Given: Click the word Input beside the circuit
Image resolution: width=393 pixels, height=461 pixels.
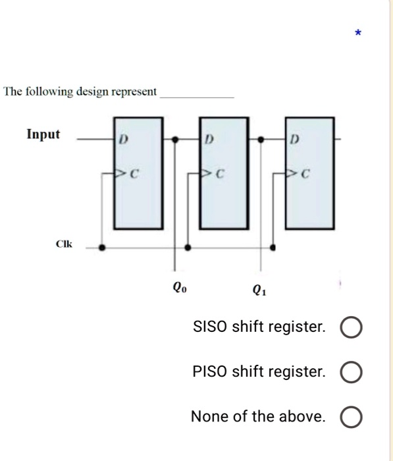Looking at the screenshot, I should pyautogui.click(x=43, y=134).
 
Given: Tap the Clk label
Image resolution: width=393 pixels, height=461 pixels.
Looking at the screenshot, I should pyautogui.click(x=65, y=244).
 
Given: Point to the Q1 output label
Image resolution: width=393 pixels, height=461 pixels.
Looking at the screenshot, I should pyautogui.click(x=261, y=290).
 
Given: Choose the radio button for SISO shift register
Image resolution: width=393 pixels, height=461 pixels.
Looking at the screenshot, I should pyautogui.click(x=351, y=327).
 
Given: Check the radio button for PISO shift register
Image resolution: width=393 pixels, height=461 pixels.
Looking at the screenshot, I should pyautogui.click(x=351, y=373).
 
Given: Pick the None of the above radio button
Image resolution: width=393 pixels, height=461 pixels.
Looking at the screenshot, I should pyautogui.click(x=351, y=417).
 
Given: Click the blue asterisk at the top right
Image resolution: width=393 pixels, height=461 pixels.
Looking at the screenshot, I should pyautogui.click(x=357, y=32).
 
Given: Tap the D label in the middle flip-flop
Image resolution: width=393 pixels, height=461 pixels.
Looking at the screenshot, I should pyautogui.click(x=208, y=140).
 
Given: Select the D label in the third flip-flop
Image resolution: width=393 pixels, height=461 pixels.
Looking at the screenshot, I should pyautogui.click(x=294, y=140).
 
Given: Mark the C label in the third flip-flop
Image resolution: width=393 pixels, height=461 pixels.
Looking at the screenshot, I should pyautogui.click(x=306, y=175).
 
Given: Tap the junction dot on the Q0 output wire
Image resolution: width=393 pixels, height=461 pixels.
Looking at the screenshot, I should pyautogui.click(x=174, y=140).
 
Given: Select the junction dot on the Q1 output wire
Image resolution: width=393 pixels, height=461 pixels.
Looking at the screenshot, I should pyautogui.click(x=261, y=140).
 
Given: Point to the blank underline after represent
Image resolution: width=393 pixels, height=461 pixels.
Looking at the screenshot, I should pyautogui.click(x=197, y=96).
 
